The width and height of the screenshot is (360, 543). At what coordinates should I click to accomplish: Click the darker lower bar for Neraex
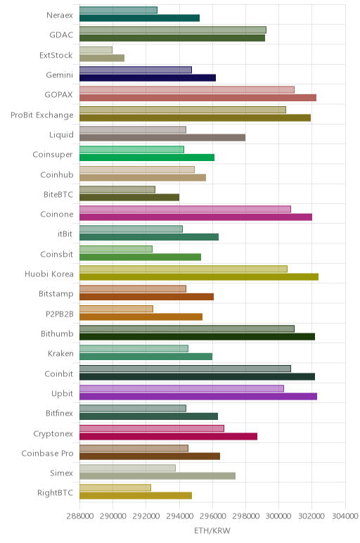click(139, 18)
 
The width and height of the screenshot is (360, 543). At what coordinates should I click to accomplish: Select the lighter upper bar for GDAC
click(173, 30)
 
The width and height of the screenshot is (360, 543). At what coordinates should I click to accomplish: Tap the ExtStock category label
click(56, 55)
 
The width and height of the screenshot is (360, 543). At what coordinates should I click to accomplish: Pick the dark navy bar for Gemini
click(148, 78)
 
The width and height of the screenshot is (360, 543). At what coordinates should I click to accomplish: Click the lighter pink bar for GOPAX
click(187, 90)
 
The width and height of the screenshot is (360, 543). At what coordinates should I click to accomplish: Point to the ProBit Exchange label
click(42, 115)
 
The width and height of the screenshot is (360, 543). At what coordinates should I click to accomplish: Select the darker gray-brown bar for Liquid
click(162, 137)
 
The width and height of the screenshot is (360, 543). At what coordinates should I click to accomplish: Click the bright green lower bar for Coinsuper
click(147, 158)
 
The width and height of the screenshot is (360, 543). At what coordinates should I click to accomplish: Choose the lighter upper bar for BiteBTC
click(117, 189)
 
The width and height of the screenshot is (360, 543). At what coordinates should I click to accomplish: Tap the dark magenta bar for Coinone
click(196, 217)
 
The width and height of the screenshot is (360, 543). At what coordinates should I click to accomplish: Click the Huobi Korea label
click(49, 274)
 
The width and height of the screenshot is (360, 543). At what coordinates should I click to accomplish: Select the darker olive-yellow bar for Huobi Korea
click(199, 276)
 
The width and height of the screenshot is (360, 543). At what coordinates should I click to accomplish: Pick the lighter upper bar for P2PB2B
click(116, 309)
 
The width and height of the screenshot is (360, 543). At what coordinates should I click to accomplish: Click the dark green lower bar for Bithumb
click(198, 337)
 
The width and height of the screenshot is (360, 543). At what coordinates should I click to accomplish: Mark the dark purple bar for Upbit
click(198, 397)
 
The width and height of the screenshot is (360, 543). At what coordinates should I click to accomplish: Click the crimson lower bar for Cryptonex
click(168, 436)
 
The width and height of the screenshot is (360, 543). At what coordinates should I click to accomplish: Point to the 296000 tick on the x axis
click(212, 516)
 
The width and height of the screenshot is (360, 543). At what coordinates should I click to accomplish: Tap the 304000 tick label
click(345, 516)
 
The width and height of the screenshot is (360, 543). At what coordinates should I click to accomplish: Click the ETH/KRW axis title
click(212, 530)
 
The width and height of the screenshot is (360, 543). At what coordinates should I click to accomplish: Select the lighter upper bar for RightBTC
click(115, 487)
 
